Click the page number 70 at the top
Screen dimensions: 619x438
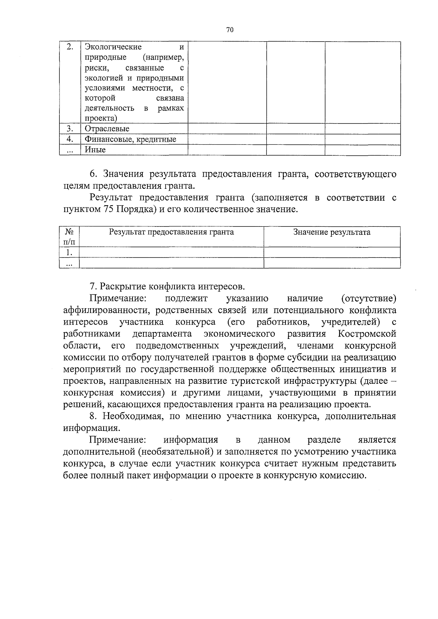(230, 30)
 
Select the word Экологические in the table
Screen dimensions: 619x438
(113, 47)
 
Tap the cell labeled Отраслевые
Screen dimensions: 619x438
(107, 129)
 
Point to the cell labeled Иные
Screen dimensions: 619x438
(95, 150)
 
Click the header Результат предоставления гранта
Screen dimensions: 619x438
(172, 232)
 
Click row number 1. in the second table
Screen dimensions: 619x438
(69, 253)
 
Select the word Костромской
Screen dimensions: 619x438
(367, 334)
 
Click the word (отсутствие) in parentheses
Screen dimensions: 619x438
(368, 298)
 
